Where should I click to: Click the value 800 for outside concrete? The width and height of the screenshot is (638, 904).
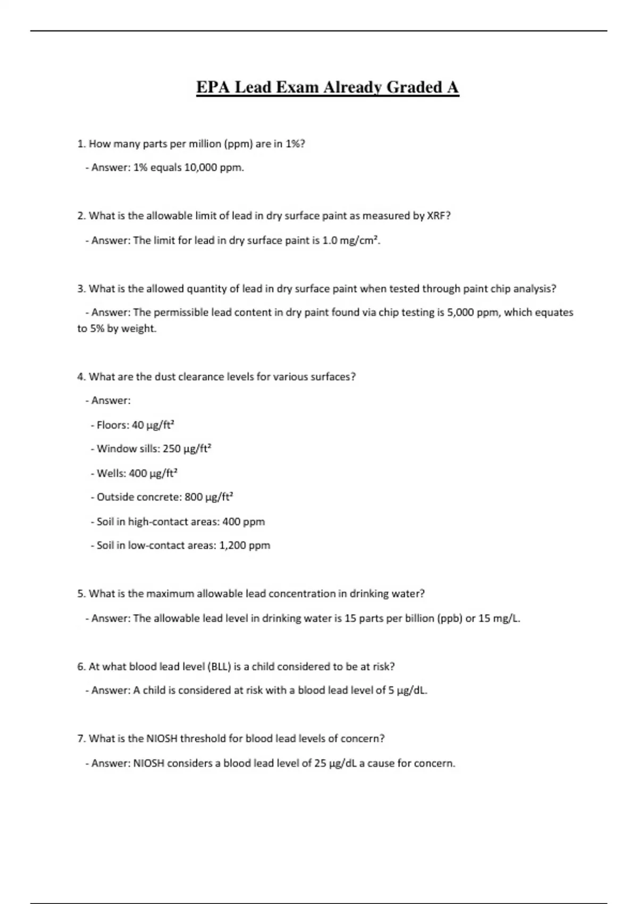(x=194, y=497)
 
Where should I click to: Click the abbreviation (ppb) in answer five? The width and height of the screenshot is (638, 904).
(x=449, y=618)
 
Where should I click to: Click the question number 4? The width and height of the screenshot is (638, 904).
(x=81, y=377)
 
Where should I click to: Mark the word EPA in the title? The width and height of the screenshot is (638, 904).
(x=213, y=87)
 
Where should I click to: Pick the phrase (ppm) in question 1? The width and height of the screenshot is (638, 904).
(x=238, y=144)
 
